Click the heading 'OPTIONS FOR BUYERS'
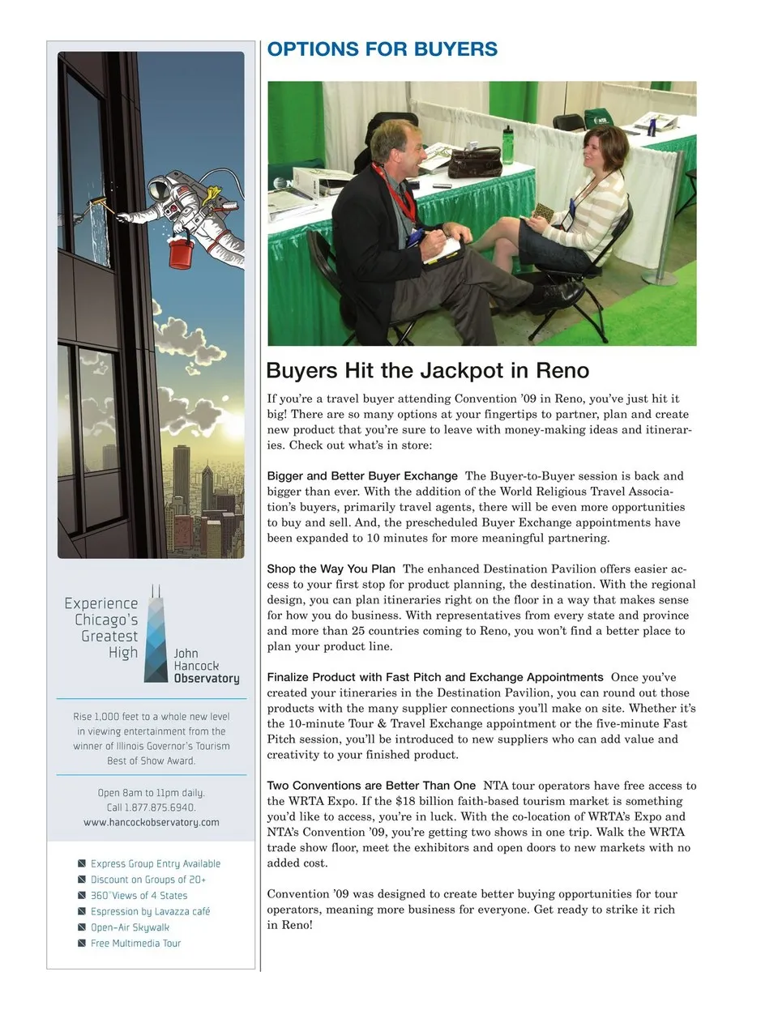[382, 49]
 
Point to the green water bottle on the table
[507, 146]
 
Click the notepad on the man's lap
[440, 246]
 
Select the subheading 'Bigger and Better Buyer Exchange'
[362, 476]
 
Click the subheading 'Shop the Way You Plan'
[331, 569]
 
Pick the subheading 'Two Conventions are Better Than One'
[371, 786]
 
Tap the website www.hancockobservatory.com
[152, 822]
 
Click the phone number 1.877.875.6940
[160, 808]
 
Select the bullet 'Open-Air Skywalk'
[130, 927]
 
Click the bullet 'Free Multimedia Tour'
[135, 944]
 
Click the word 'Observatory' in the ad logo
[207, 679]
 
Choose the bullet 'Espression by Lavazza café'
[150, 911]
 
